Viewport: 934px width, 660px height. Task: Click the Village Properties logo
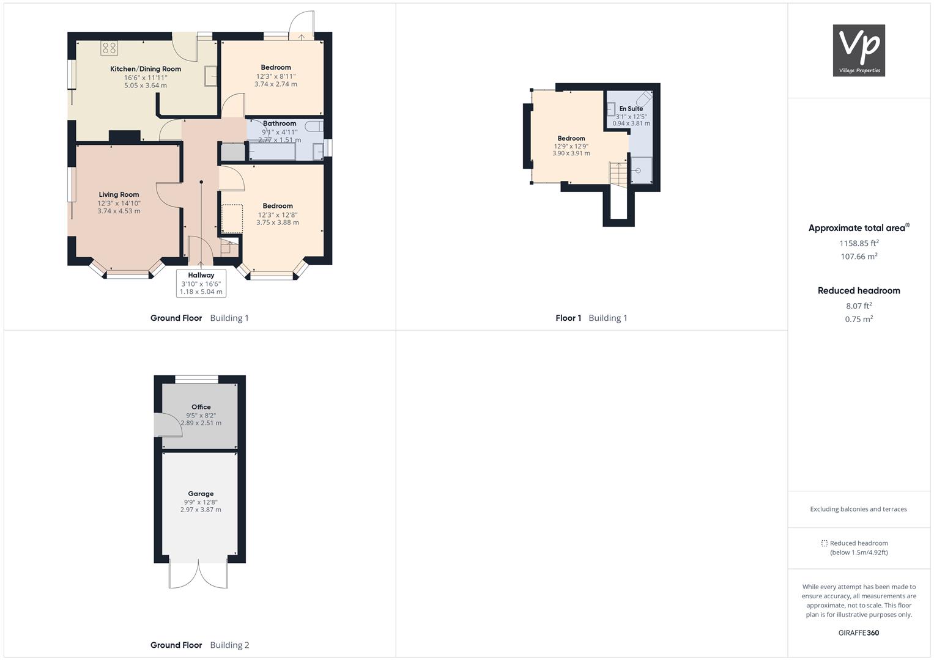pos(858,50)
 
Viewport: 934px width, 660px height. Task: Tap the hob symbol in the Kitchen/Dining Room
pos(109,48)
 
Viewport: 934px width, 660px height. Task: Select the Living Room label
pos(119,195)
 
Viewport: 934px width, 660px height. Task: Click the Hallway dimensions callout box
pos(201,284)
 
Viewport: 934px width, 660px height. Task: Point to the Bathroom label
pos(280,123)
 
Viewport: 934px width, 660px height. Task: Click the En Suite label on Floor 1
pos(631,109)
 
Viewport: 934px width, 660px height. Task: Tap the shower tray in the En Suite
pos(641,170)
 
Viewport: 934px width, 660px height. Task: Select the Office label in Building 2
pos(201,407)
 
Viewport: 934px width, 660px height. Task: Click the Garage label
pos(201,494)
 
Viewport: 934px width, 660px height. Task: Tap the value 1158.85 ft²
pos(858,243)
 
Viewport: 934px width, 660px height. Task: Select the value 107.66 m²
pos(858,257)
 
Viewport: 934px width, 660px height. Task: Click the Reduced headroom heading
pos(858,291)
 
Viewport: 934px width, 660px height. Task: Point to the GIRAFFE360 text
pos(858,633)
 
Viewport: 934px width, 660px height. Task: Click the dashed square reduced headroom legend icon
pos(824,543)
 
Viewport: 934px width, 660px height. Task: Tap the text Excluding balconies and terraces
pos(858,509)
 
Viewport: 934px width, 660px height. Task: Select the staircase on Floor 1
pos(618,174)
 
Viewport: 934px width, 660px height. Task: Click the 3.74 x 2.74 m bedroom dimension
pos(276,84)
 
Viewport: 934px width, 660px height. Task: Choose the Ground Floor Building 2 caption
pos(199,645)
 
